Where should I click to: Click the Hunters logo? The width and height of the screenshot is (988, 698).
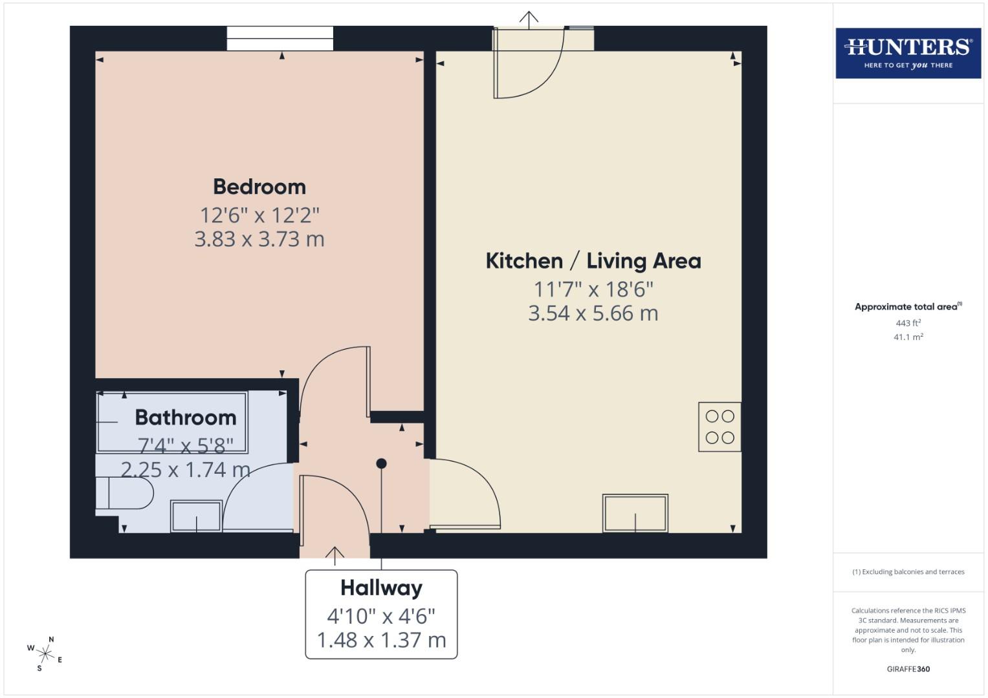908,53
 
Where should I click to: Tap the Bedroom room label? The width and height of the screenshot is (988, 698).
259,187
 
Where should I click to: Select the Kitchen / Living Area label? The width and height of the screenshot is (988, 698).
593,261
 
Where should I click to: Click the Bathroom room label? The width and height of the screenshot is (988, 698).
186,418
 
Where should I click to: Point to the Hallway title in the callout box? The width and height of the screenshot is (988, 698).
381,588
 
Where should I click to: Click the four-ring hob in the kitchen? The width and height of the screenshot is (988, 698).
719,427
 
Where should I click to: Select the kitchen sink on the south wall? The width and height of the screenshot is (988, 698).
635,513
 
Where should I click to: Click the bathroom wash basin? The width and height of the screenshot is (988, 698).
196,516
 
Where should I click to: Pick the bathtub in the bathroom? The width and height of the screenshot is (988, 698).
172,422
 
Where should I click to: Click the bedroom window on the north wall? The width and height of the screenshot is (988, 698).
280,38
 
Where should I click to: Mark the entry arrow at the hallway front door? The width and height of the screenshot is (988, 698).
335,555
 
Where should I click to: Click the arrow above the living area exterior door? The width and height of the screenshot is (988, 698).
529,19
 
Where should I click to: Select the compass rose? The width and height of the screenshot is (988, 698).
45,653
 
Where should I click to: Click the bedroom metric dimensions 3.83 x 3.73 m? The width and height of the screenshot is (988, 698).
259,240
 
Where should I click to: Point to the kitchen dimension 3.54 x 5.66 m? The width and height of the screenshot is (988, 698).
593,313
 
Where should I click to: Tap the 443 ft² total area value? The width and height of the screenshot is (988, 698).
908,323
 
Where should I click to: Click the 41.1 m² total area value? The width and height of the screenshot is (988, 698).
908,337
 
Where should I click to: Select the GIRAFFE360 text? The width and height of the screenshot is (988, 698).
908,669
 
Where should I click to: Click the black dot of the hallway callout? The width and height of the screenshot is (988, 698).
381,463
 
